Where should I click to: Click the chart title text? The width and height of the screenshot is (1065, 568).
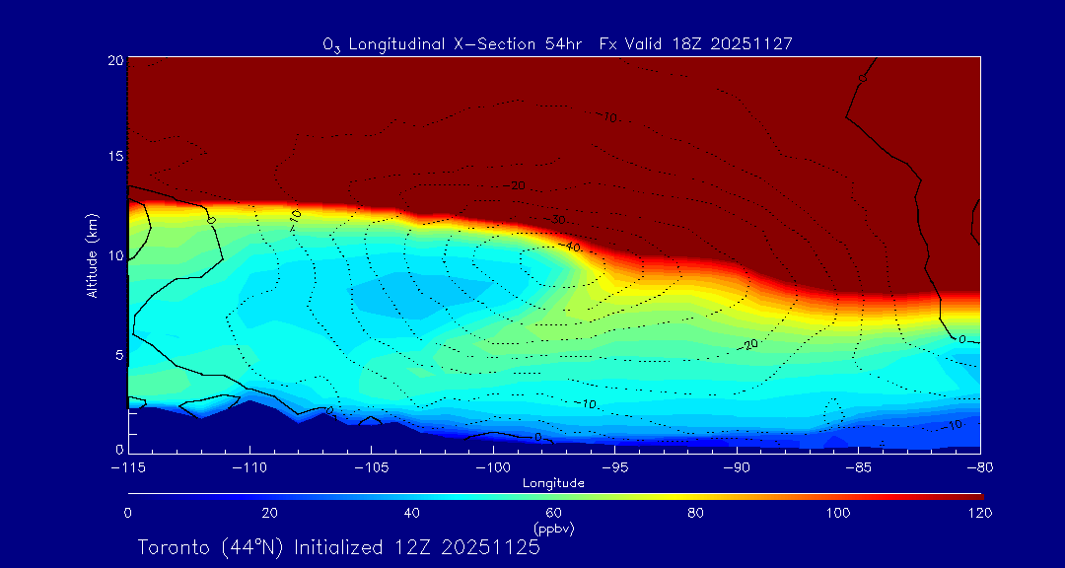click(x=557, y=44)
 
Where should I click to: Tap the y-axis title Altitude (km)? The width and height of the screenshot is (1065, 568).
click(x=92, y=255)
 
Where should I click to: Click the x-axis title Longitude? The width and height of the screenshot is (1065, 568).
click(x=553, y=483)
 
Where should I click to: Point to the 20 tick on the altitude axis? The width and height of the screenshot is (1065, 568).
click(x=114, y=60)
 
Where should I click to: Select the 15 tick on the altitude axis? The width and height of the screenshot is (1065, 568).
click(x=114, y=158)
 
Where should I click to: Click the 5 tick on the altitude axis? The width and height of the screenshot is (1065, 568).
click(x=118, y=354)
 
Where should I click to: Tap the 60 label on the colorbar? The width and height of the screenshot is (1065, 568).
click(x=553, y=513)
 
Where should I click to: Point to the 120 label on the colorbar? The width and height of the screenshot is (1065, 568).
click(x=979, y=513)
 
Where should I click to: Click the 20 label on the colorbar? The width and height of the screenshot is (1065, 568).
click(x=269, y=513)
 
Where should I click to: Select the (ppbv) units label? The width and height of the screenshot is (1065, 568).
click(x=553, y=529)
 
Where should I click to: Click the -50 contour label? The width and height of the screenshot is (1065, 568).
click(x=557, y=219)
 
